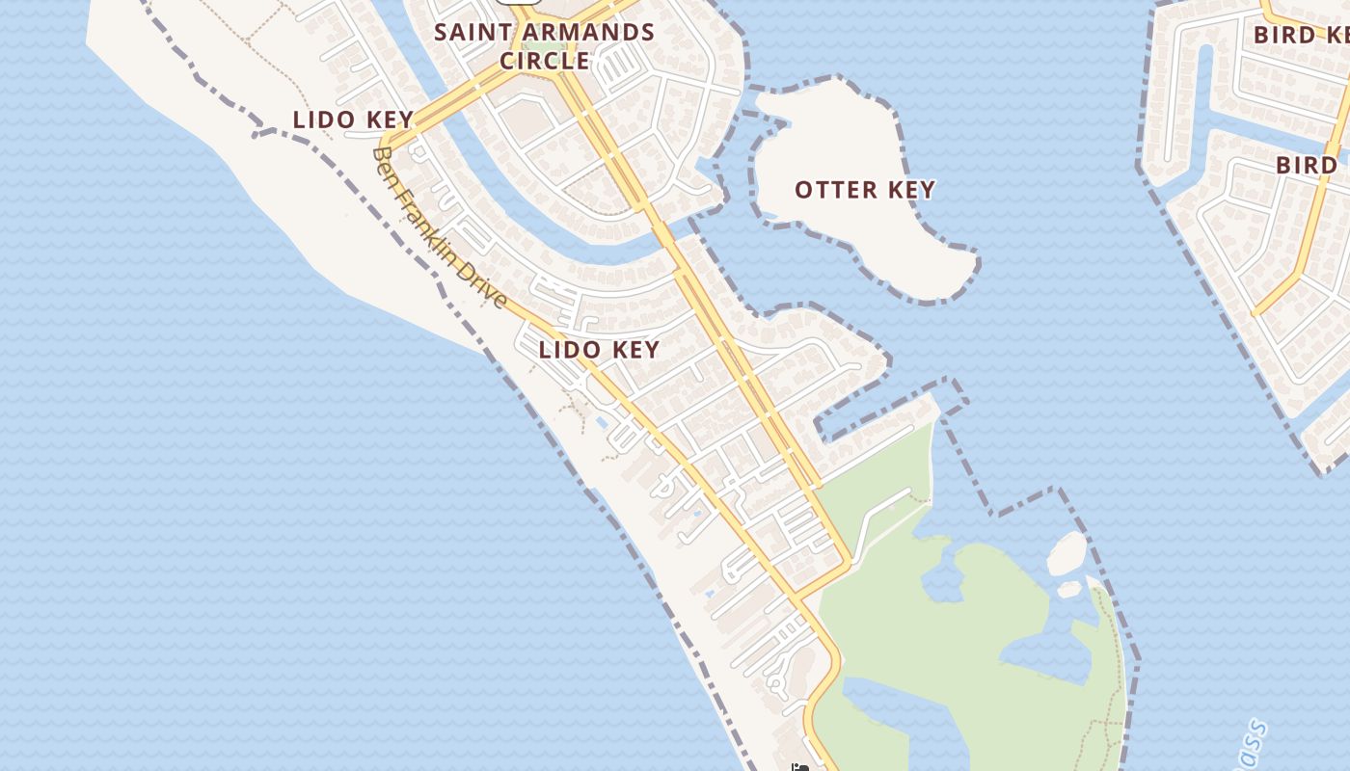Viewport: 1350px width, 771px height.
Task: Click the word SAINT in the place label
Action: pos(467,32)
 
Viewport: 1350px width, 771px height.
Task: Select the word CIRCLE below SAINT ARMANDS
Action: pos(544,61)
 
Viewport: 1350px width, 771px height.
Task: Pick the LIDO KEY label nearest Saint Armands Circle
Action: pos(353,120)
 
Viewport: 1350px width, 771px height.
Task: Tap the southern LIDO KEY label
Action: pos(599,350)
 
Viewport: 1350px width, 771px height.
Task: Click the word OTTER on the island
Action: pos(835,190)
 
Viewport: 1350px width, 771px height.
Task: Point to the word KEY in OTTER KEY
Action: pos(910,190)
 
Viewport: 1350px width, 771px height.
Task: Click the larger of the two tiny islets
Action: pos(1066,553)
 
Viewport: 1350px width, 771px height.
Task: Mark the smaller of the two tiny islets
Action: pos(1069,588)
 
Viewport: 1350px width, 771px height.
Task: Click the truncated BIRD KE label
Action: pos(1302,36)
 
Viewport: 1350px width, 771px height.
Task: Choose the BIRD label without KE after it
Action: pos(1307,165)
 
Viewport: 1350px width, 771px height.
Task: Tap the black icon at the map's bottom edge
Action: pos(798,767)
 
